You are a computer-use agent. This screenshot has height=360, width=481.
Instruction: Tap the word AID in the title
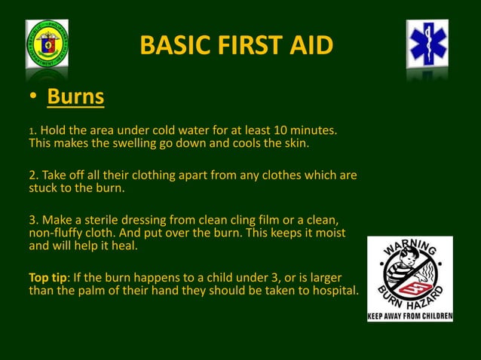click(309, 46)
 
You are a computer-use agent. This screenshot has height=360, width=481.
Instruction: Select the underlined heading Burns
click(75, 98)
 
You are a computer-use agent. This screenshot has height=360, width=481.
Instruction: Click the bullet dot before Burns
click(34, 99)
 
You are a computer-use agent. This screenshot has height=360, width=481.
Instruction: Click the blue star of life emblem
click(427, 44)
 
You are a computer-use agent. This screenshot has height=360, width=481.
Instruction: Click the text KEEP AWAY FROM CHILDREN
click(409, 316)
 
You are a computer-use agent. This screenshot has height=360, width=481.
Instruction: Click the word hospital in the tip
click(332, 291)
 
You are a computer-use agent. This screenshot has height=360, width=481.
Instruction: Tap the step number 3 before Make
click(32, 219)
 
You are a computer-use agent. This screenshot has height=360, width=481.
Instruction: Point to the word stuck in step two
click(44, 188)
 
